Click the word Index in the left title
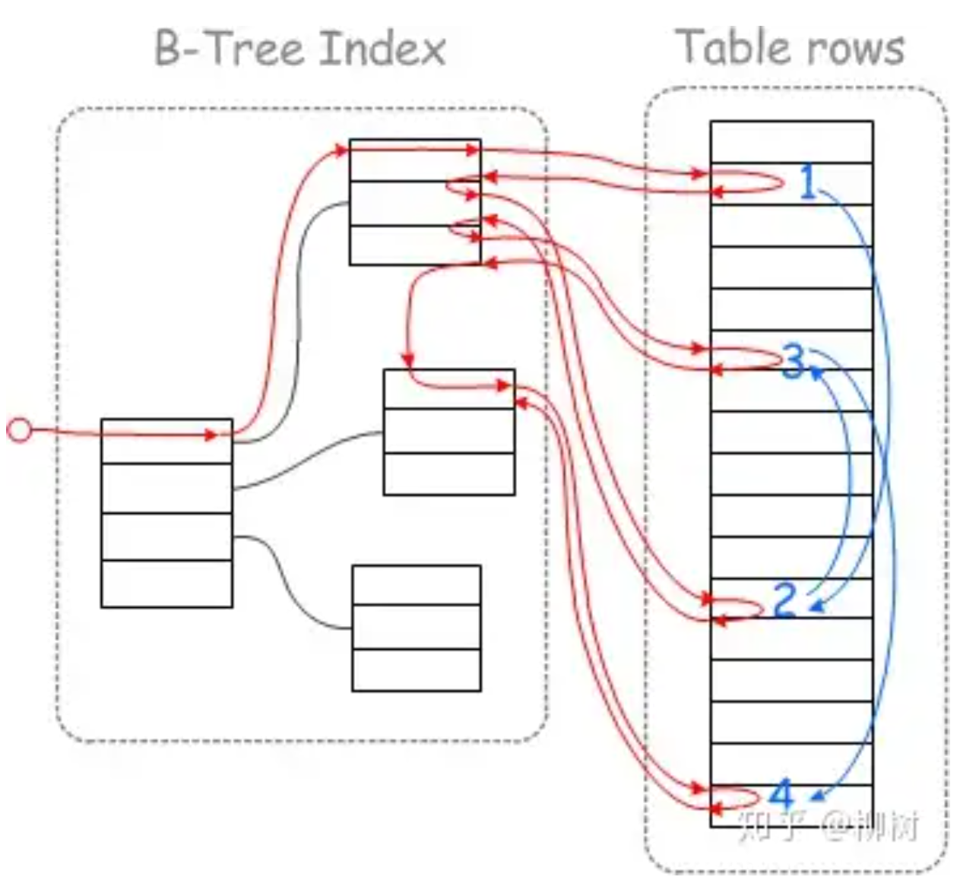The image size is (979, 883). coord(382,47)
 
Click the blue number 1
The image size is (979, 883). coord(809,183)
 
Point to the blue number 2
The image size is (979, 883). coord(785,600)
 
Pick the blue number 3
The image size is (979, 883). coord(794,361)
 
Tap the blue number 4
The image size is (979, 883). coord(781,795)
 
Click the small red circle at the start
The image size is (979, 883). coord(19,431)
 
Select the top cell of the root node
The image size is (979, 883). coord(166,441)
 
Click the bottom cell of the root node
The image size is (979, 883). coord(166,584)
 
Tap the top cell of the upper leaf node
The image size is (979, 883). coord(415,160)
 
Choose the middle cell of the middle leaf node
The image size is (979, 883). coord(449,431)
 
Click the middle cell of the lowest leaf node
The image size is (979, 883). coord(417,627)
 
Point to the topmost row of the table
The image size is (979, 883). coord(791,141)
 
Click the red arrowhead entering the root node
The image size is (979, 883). coord(212,435)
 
